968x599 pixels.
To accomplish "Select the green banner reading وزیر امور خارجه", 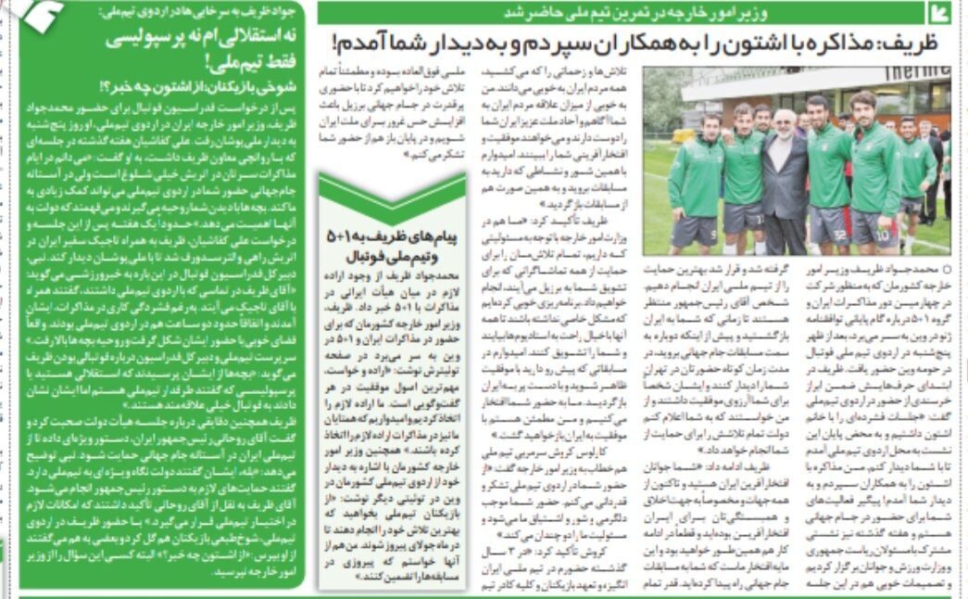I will [621, 12].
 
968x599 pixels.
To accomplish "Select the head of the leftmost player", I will [710, 126].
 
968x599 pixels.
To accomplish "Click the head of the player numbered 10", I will [861, 105].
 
